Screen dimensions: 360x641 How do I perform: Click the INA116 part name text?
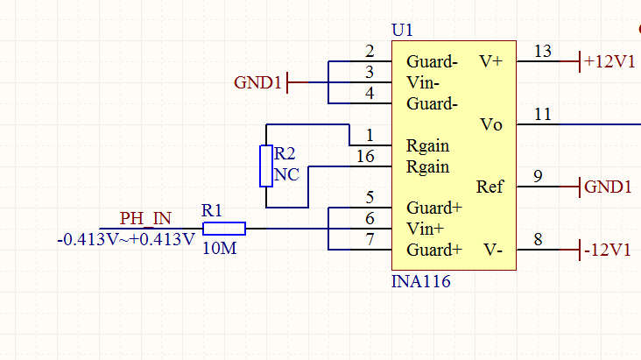(x=421, y=283)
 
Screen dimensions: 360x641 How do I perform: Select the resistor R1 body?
(x=224, y=229)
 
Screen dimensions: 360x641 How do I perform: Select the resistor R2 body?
(x=267, y=166)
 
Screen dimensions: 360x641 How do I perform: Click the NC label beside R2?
(x=286, y=174)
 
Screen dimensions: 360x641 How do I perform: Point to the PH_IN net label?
(x=146, y=217)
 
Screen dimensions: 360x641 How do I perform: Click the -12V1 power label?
(x=607, y=251)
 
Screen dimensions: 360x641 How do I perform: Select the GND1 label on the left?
(x=258, y=83)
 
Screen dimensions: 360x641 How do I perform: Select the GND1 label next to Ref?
(x=607, y=187)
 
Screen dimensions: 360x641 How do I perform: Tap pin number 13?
(x=543, y=51)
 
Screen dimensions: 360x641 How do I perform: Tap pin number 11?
(x=543, y=114)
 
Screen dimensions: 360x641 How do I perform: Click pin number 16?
(x=366, y=156)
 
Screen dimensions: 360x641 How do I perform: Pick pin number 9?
(x=538, y=176)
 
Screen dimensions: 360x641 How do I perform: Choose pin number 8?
(x=538, y=239)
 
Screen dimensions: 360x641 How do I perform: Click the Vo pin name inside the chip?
(x=491, y=125)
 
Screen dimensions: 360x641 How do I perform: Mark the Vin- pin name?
(x=425, y=83)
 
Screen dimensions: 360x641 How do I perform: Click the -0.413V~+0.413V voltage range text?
(x=125, y=238)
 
